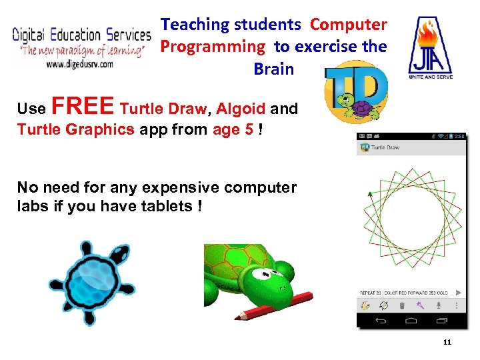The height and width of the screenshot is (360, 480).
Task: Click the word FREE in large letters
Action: (83, 107)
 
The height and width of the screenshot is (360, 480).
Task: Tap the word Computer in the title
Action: (348, 25)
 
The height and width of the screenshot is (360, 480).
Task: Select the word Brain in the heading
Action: (273, 69)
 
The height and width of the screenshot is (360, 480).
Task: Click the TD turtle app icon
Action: (355, 90)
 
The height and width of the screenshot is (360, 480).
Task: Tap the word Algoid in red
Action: (241, 109)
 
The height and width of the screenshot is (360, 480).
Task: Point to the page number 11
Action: (447, 343)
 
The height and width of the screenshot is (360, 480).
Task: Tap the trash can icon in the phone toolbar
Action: (402, 306)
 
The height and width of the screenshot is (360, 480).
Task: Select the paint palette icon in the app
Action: (365, 306)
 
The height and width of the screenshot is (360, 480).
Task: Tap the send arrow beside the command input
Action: (459, 293)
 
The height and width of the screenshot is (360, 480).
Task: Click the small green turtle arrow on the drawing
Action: (369, 195)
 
